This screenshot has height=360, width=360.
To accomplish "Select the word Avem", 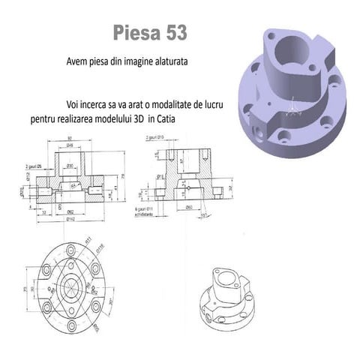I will (78, 62).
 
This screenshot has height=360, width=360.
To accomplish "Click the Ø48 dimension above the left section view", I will (69, 145).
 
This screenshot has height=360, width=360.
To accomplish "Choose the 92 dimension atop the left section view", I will (69, 139).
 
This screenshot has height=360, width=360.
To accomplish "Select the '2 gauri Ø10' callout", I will (157, 138).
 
